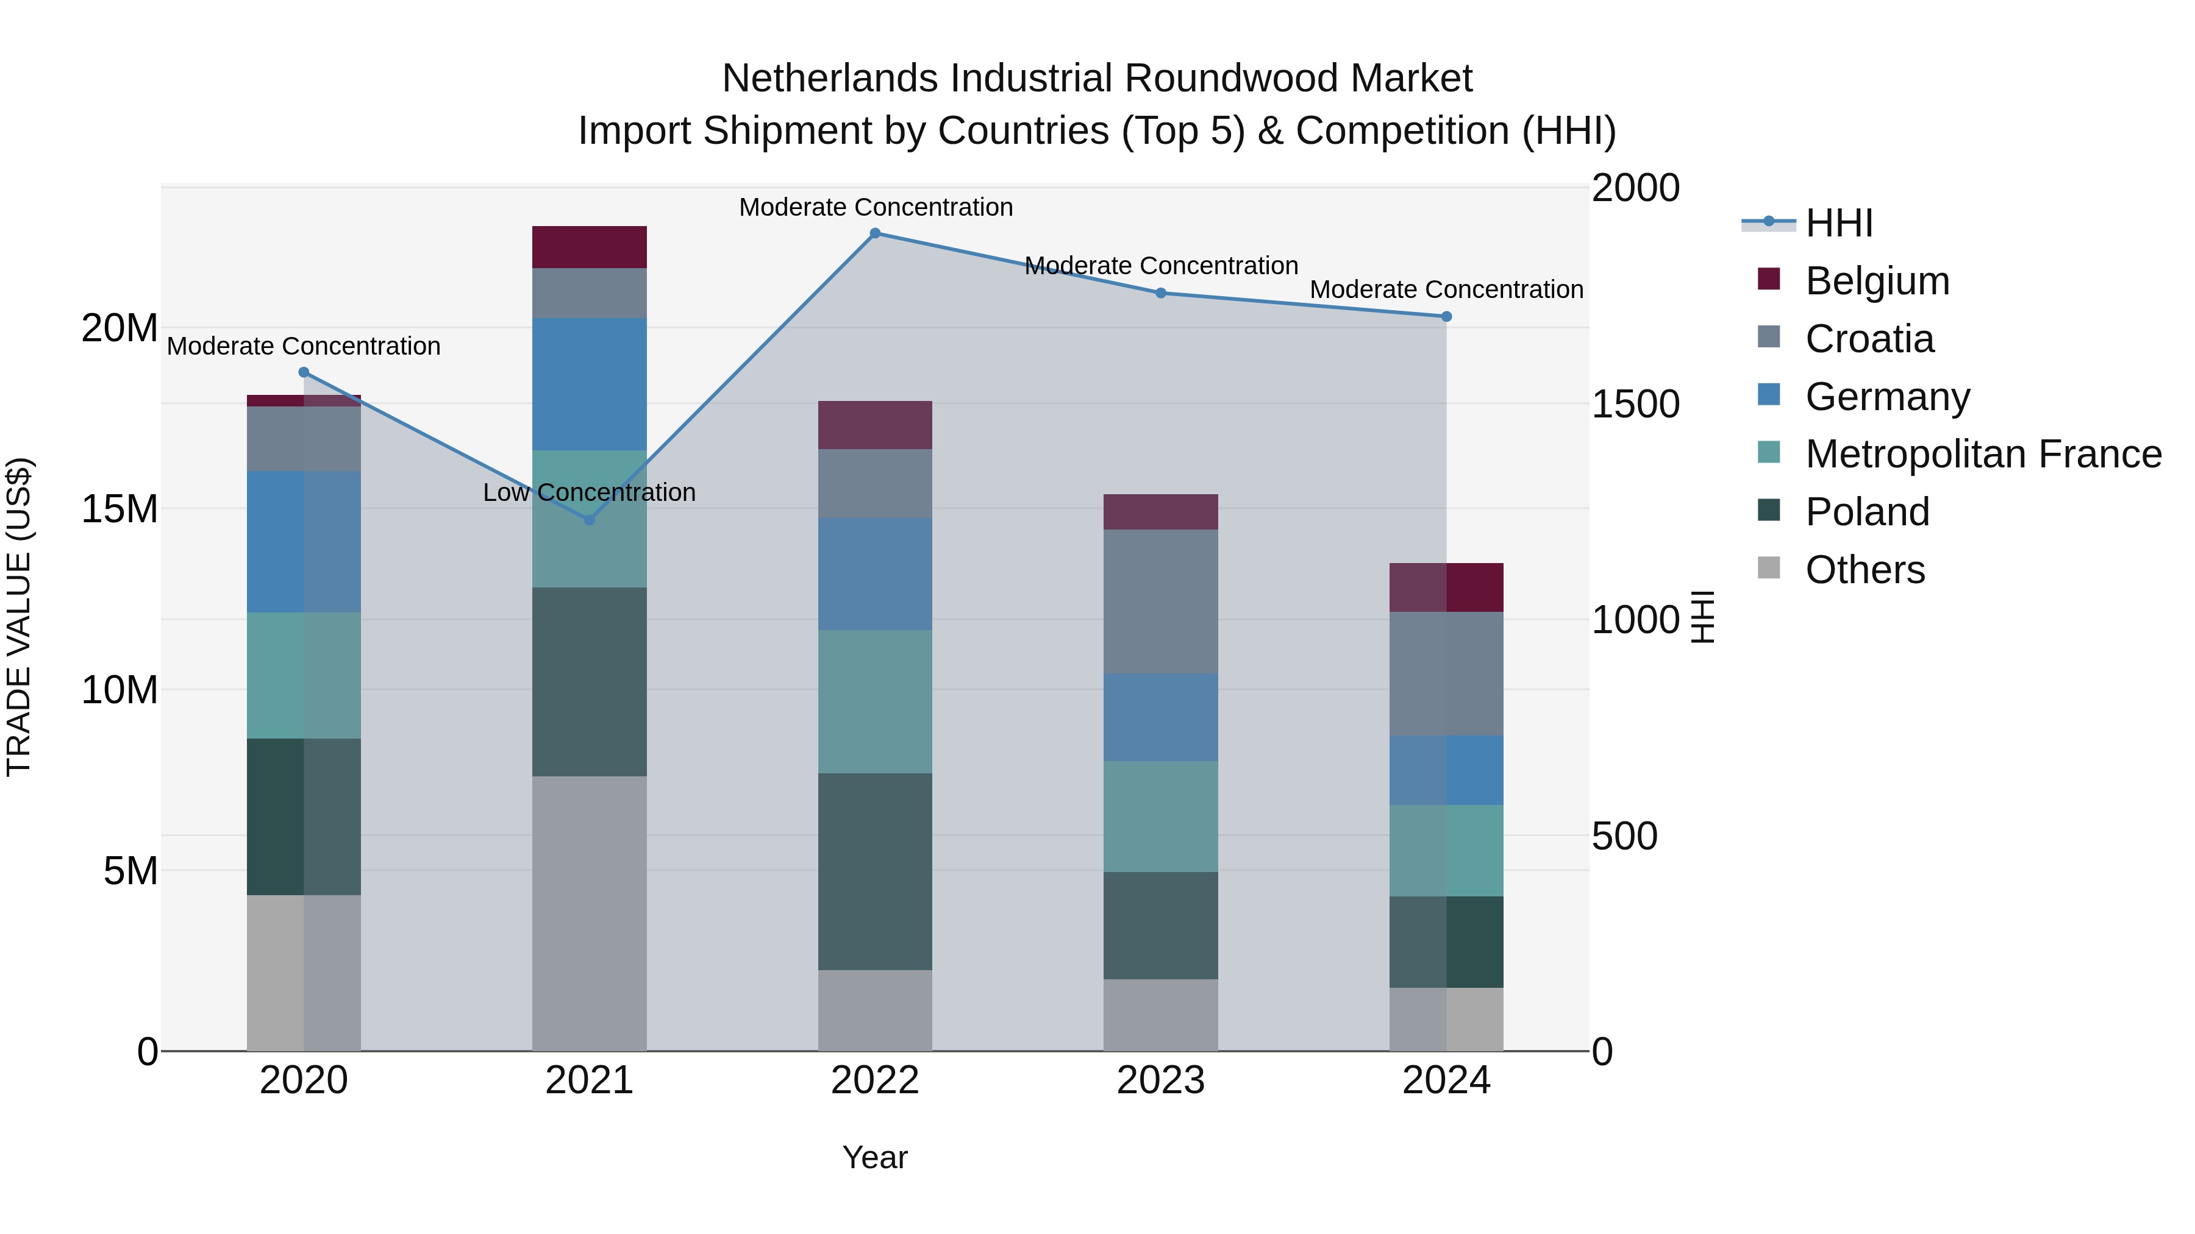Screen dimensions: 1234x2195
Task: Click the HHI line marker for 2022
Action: tap(875, 233)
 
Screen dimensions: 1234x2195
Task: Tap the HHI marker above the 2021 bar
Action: tap(589, 519)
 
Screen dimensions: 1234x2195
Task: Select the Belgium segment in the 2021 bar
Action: tap(589, 247)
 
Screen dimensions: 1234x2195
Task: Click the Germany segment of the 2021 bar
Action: tap(589, 384)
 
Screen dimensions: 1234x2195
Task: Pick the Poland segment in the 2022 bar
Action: tap(875, 871)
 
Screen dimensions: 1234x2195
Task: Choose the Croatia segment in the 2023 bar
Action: tap(1160, 601)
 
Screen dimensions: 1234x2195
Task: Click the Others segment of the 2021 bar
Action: tap(589, 913)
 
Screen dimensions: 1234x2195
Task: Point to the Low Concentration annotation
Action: tap(589, 492)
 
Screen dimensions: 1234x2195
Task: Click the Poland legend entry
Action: tap(1866, 512)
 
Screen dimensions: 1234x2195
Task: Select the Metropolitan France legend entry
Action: tap(1982, 454)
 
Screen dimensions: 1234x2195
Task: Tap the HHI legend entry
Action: tap(1838, 223)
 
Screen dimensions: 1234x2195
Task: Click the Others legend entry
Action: tap(1865, 570)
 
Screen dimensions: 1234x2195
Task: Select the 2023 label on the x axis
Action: tap(1160, 1080)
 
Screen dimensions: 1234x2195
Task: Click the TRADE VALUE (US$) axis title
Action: tap(19, 617)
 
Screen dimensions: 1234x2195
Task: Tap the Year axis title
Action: tap(875, 1157)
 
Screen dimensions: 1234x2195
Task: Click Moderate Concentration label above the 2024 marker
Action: tap(1446, 289)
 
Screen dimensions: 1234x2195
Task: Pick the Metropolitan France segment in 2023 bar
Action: tap(1160, 816)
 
